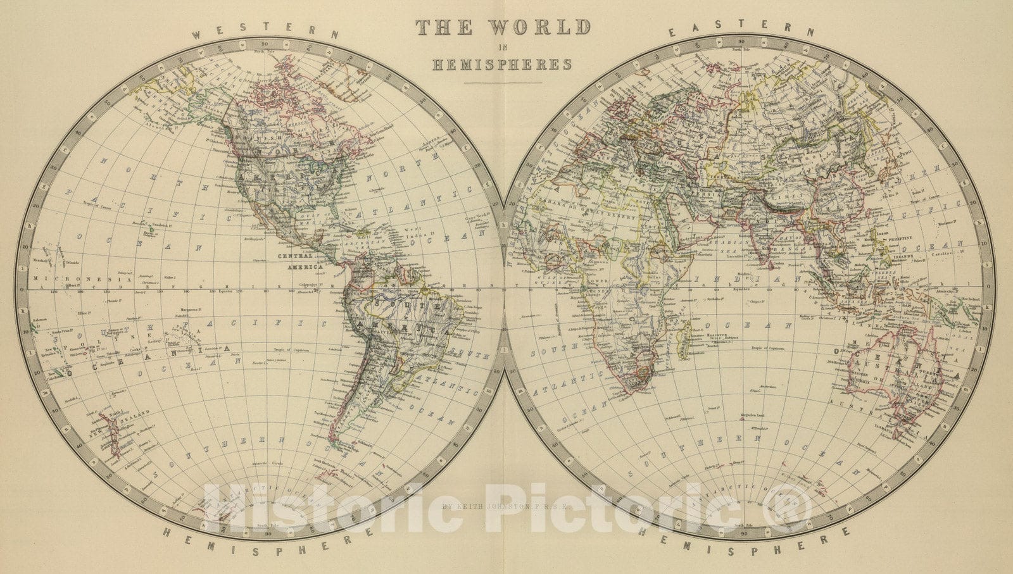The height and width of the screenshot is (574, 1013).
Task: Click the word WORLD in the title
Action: [546, 27]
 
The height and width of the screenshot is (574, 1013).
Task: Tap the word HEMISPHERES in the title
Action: [503, 64]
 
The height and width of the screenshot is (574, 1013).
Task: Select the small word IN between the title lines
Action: [502, 46]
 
